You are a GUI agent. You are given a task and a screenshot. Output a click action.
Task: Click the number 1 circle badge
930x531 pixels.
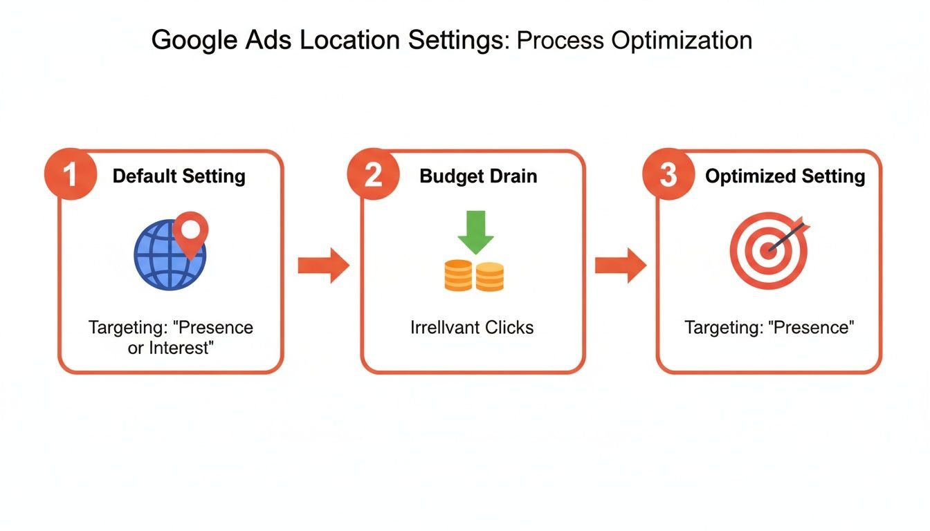pos(70,176)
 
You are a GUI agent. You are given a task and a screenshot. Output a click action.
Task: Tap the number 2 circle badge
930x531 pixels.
pos(373,176)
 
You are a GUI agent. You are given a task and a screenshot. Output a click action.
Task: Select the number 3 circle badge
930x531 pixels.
pos(668,176)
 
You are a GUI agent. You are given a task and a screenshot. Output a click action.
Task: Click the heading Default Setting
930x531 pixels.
pos(179,176)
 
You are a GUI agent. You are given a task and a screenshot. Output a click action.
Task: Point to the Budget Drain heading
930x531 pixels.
pos(478,176)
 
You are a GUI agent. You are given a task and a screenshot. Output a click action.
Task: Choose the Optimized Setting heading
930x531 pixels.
pos(785,176)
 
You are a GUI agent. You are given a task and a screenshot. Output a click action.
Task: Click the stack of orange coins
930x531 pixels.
pos(474,275)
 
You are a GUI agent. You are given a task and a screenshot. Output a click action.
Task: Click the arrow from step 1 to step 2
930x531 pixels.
pos(323,265)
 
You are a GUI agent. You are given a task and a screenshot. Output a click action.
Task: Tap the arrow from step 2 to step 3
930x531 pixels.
pos(620,265)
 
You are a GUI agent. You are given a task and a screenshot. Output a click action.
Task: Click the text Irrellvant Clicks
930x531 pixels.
pos(473,327)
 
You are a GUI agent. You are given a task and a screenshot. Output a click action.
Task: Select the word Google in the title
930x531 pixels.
pos(188,40)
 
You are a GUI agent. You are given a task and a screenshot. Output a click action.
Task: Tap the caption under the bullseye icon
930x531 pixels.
pos(769,327)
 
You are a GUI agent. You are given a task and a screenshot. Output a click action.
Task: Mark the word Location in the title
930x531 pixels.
pos(350,40)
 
